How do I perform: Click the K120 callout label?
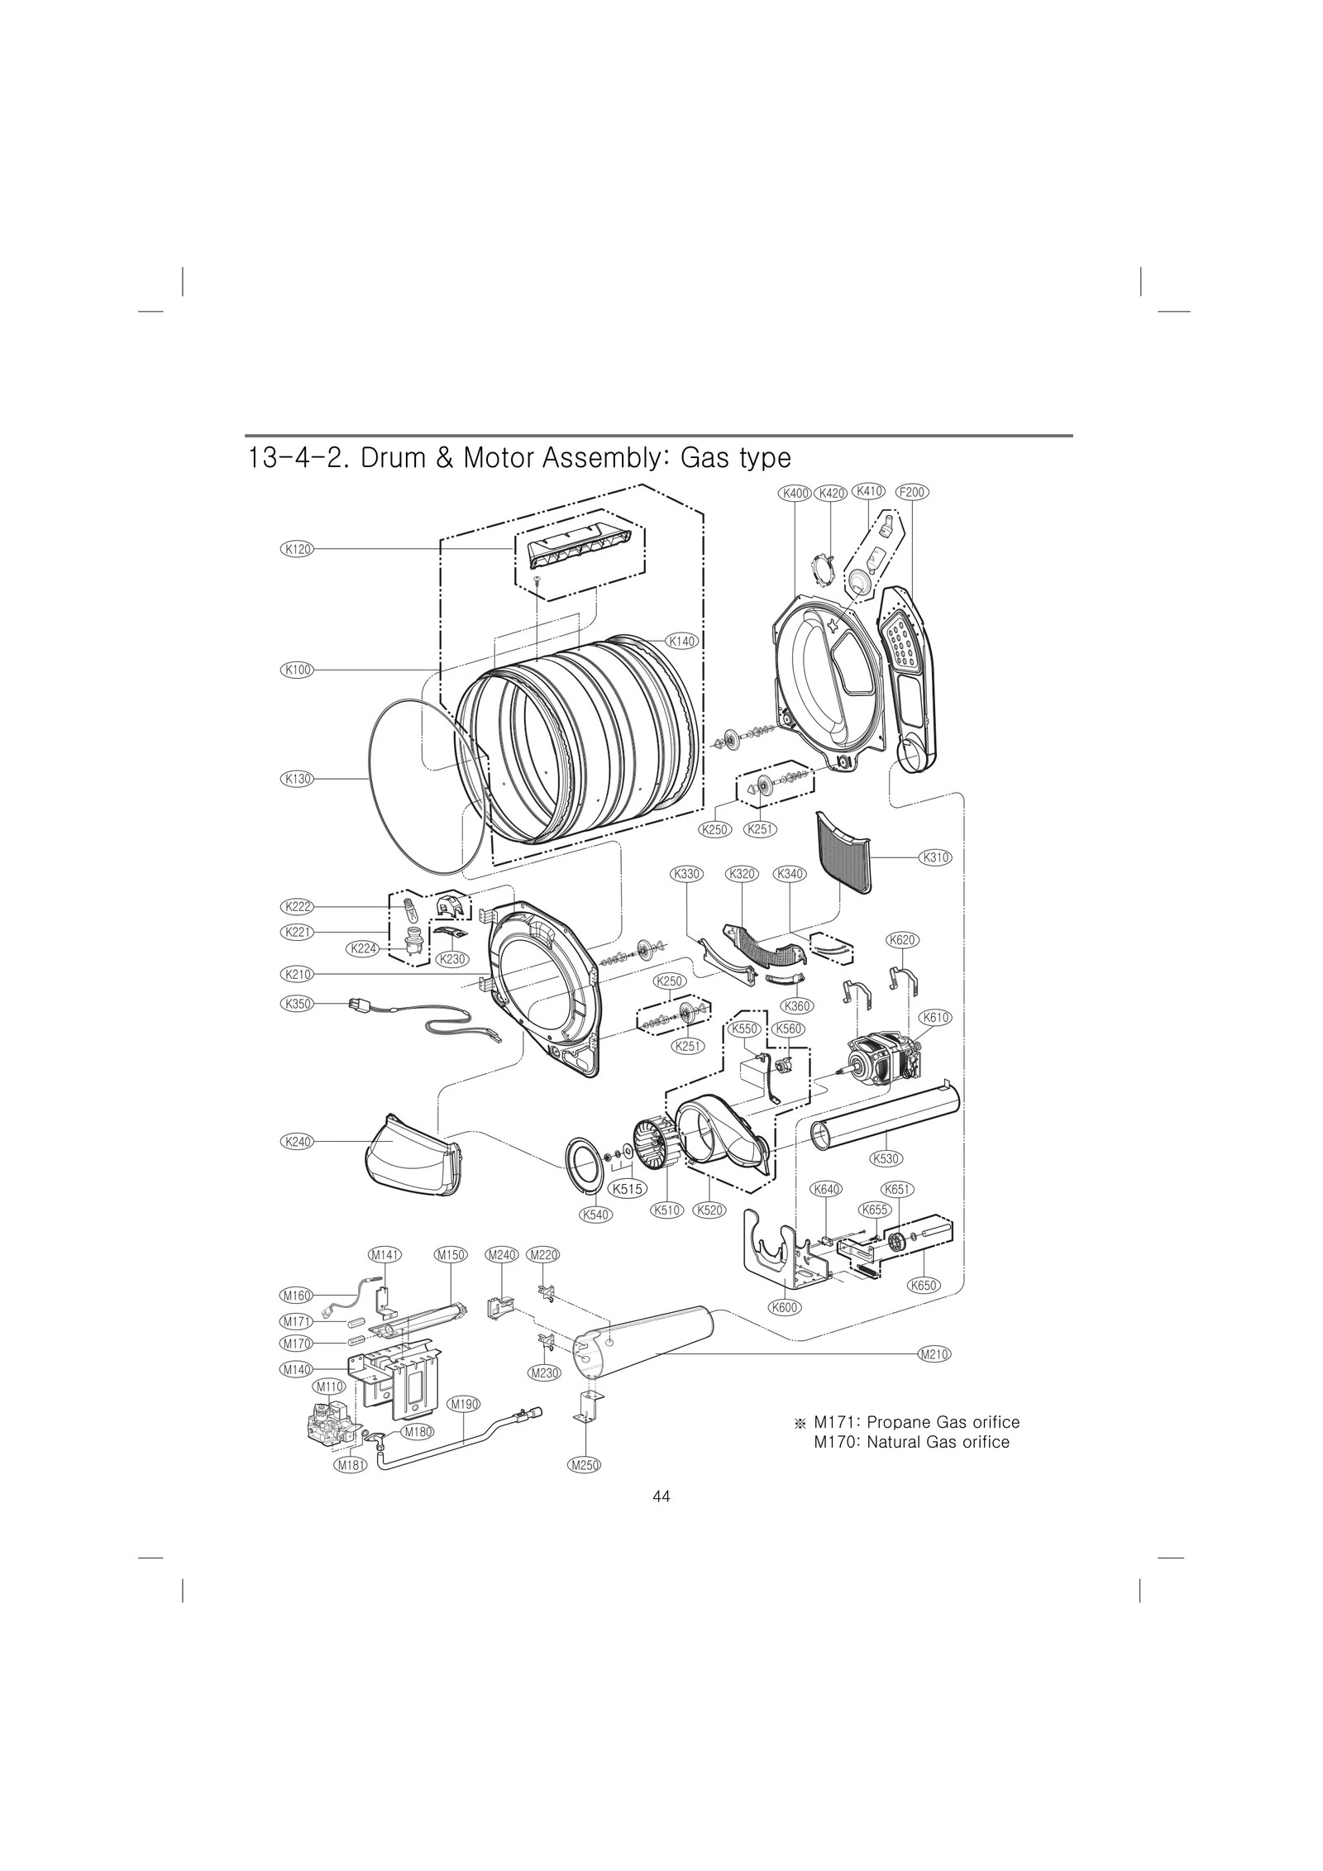click(297, 548)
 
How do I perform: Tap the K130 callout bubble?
click(297, 778)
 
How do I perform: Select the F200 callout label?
click(912, 492)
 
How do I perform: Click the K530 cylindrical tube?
click(885, 1115)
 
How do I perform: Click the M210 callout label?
click(934, 1354)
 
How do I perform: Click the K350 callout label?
click(297, 1004)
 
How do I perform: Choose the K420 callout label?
click(831, 493)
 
